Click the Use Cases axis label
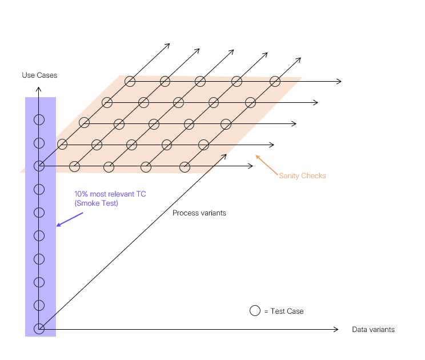point(39,75)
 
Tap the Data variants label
point(373,330)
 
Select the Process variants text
point(199,213)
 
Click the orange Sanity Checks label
point(302,175)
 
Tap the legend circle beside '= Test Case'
point(255,311)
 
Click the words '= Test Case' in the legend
point(284,311)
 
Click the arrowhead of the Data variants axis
point(337,329)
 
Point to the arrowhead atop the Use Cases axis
point(38,89)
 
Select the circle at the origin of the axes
point(39,329)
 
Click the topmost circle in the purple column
point(39,120)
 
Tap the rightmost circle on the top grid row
point(275,81)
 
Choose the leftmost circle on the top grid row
point(130,81)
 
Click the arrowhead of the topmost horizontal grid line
point(339,81)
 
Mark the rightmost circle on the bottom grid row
point(185,166)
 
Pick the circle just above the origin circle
point(39,305)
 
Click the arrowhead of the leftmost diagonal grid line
point(168,45)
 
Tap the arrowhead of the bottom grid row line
point(251,166)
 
